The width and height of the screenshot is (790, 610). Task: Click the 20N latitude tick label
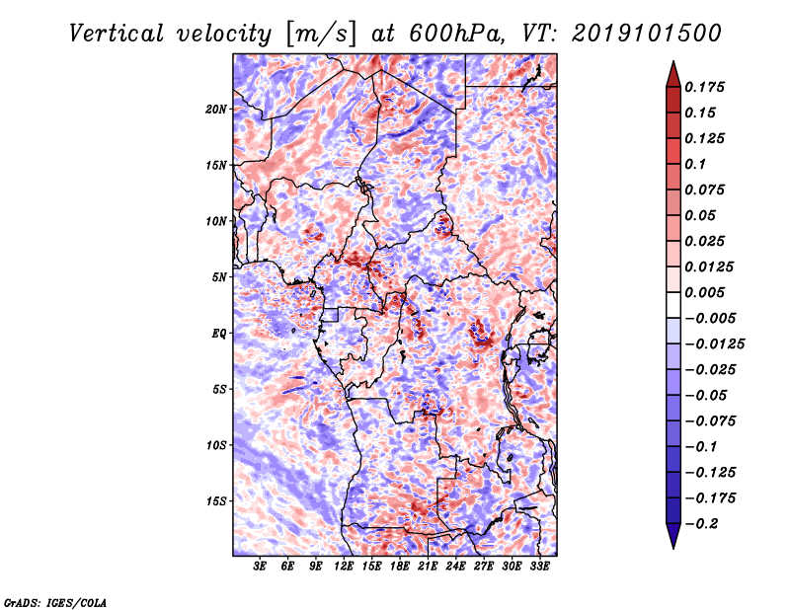216,110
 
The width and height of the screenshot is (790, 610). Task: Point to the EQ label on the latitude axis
219,334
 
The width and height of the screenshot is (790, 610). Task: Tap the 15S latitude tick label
216,501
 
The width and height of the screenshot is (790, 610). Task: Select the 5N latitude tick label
219,277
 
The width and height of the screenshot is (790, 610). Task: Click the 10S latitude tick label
216,445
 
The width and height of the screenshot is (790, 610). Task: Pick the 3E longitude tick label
260,567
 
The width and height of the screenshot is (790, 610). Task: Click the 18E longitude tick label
400,567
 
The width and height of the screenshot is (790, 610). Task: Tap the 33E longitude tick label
539,567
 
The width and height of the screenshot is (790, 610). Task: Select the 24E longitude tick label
455,567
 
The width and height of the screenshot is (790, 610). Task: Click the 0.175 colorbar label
704,87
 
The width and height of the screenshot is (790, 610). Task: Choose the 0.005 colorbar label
704,292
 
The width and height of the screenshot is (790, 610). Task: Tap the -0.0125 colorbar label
714,344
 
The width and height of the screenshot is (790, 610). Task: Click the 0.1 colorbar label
695,164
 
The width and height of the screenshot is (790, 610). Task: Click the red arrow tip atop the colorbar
673,61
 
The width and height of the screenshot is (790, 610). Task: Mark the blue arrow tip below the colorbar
673,549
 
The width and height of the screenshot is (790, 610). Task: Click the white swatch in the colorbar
673,305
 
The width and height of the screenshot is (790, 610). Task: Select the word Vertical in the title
117,34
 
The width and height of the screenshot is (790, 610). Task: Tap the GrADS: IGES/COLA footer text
55,602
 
